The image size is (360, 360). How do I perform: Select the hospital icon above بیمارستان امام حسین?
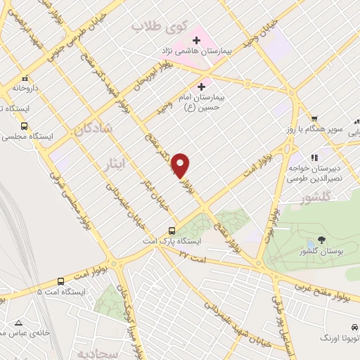[x=201, y=86]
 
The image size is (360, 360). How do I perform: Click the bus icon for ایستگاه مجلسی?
[x=25, y=127]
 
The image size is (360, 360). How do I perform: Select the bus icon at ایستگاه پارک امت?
[x=172, y=231]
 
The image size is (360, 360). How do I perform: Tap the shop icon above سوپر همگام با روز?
[x=316, y=120]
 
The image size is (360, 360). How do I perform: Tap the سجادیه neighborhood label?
[x=95, y=351]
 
